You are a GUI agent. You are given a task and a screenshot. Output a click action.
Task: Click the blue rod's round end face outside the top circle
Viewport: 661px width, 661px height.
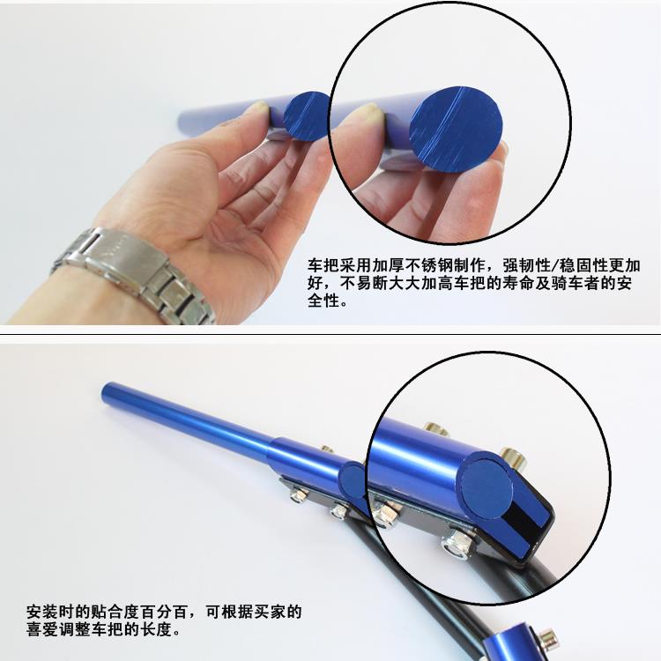(x=306, y=116)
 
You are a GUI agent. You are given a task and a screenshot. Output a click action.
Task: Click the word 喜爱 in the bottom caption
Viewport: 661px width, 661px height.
(x=42, y=629)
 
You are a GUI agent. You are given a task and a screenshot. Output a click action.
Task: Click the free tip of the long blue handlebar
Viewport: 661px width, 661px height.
(x=106, y=392)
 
